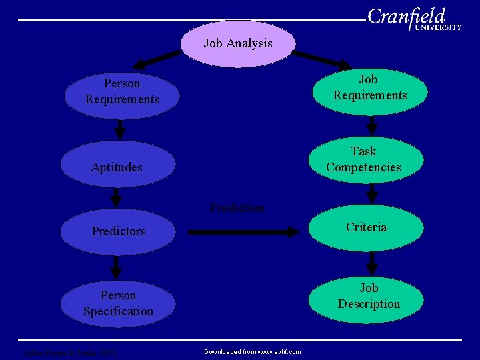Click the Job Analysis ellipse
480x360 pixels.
tap(238, 44)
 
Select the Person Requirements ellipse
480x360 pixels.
tap(122, 92)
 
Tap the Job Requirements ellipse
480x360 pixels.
tap(369, 88)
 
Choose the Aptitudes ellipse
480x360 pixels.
tap(117, 167)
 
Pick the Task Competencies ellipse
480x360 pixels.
tap(364, 160)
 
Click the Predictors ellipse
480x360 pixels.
tap(118, 231)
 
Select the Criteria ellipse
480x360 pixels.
tap(366, 228)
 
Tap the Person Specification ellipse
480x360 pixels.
tap(118, 303)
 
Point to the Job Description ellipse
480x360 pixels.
tap(369, 297)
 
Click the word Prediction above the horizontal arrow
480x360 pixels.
tap(237, 208)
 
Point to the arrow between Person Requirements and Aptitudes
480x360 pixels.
tap(120, 128)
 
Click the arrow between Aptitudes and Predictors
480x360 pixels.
tap(116, 197)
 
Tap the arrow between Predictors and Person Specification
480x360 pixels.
tap(116, 267)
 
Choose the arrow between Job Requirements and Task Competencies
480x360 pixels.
tap(372, 125)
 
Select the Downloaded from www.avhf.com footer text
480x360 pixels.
tap(252, 351)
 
